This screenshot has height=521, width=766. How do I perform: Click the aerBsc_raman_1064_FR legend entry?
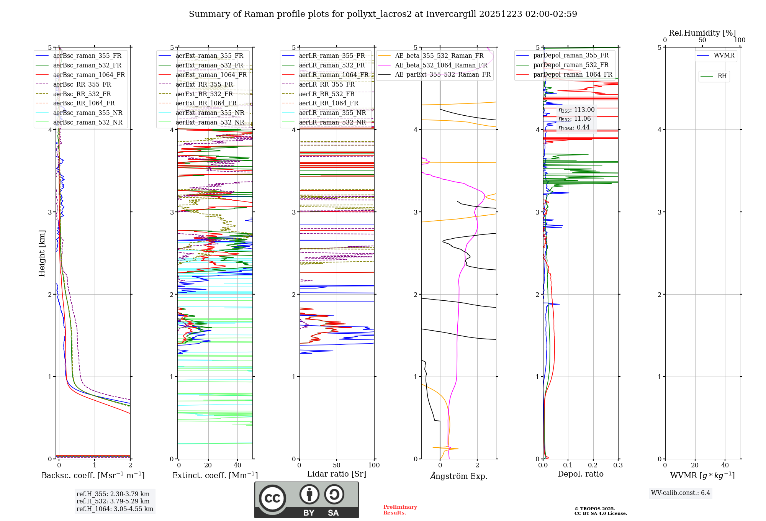point(89,75)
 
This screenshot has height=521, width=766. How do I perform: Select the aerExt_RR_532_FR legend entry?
point(204,94)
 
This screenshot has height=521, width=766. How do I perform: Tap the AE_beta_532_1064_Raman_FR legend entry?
point(441,66)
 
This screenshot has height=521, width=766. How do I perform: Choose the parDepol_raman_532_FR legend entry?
point(571,65)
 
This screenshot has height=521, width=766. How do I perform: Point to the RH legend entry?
point(722,76)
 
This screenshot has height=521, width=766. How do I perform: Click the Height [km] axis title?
point(42,253)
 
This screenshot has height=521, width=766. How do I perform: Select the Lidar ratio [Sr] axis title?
point(337,474)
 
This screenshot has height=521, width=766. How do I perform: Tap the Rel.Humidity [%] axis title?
point(702,33)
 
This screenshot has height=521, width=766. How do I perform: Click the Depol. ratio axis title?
point(580,474)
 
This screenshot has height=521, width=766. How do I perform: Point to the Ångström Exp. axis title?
point(458,476)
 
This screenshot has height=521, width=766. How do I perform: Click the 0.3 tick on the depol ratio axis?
point(618,465)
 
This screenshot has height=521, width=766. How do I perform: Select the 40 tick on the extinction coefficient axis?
point(237,465)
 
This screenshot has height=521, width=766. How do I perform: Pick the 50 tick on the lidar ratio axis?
point(337,465)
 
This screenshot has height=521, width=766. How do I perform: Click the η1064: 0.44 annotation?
point(574,128)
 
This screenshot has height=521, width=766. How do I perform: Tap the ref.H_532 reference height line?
point(113,501)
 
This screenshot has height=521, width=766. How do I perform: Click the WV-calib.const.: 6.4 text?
point(681,493)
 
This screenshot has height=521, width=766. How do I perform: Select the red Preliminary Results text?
point(400,510)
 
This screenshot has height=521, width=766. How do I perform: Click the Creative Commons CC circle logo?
point(272,498)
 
